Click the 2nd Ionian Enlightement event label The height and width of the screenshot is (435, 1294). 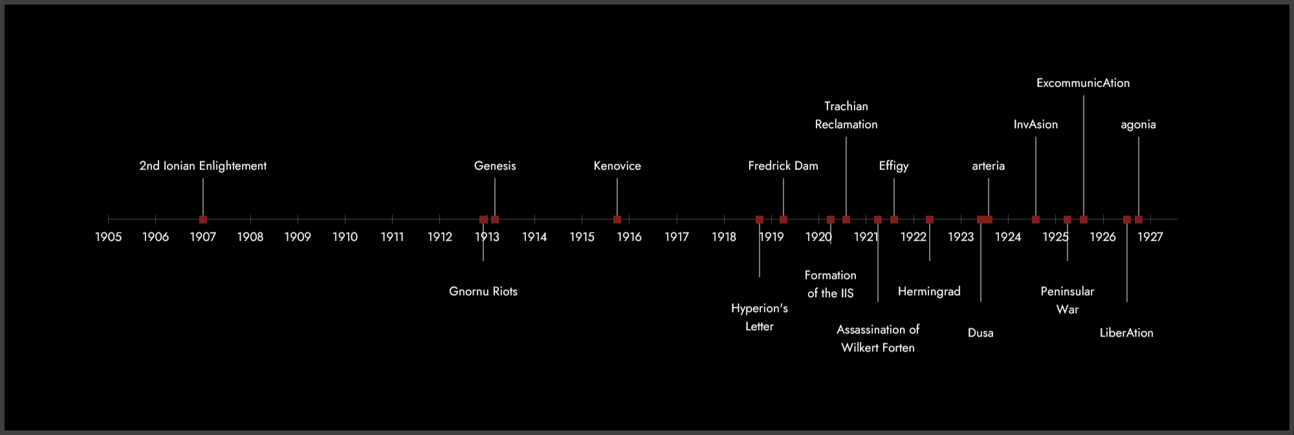(x=203, y=166)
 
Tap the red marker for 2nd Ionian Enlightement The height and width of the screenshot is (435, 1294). (x=203, y=219)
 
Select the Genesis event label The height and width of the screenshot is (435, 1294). (x=495, y=166)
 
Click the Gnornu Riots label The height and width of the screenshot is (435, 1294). (x=483, y=291)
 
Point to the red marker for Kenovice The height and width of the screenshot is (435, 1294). (x=617, y=219)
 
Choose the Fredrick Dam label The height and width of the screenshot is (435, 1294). (x=783, y=166)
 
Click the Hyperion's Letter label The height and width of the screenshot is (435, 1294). (x=760, y=317)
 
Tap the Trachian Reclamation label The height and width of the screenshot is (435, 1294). (x=846, y=115)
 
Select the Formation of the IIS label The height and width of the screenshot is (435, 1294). (x=831, y=284)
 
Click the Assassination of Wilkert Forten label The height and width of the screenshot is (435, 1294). (x=878, y=339)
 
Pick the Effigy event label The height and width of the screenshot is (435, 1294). (x=894, y=166)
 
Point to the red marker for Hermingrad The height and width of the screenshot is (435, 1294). (x=930, y=219)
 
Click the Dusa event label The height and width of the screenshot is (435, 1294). (x=980, y=333)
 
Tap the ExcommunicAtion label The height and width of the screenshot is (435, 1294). (x=1083, y=83)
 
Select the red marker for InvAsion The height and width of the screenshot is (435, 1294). (x=1036, y=219)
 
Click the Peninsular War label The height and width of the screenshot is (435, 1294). (x=1068, y=300)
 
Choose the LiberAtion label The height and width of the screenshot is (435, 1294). (x=1126, y=333)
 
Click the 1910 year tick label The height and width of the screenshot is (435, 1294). (x=345, y=237)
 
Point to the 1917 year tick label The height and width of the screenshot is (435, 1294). (x=677, y=237)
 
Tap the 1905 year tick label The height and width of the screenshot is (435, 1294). (x=108, y=237)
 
